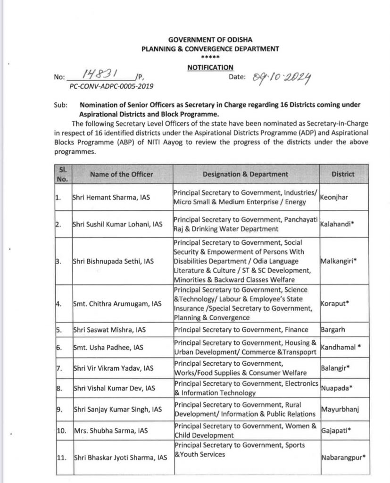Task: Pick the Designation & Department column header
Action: pos(245,175)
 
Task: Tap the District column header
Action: pos(343,174)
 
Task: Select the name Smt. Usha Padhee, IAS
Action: pos(108,347)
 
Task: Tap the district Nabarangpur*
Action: pos(343,457)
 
